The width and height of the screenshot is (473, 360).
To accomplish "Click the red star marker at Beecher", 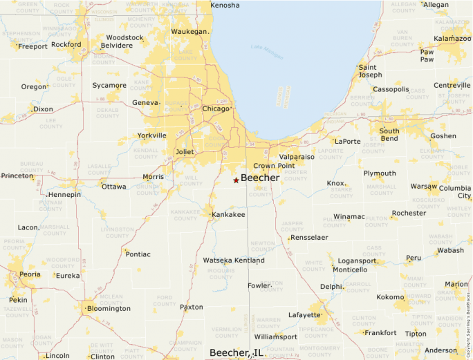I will coord(236,180).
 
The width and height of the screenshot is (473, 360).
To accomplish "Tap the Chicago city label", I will coord(216,108).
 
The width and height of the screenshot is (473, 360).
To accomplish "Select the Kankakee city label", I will coord(228,215).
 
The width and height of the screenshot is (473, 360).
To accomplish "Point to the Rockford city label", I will coord(66,44).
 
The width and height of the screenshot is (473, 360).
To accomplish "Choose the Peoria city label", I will coord(29,274).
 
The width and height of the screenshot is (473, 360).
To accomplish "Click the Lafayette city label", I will coord(304,315).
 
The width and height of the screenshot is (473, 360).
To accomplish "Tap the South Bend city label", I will coord(389,134).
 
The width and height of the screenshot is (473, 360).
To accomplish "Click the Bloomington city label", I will coord(109,308).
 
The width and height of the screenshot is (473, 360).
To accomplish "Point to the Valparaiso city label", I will coord(297,157).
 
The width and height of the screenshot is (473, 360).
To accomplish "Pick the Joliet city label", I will coord(185,151).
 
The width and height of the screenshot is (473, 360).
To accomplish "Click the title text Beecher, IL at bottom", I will coord(237,352).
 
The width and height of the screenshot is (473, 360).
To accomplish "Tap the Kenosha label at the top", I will coord(225,6).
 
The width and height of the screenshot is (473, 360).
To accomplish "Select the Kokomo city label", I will coord(390,296).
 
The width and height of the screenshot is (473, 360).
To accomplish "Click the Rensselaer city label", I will coord(309,237).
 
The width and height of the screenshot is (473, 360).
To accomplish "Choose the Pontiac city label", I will coord(138,254).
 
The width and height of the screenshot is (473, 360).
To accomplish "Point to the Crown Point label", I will coord(274,166).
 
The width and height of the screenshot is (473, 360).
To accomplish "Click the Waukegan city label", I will coord(189,32).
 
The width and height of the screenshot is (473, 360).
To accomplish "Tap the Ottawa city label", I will coord(114,187).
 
